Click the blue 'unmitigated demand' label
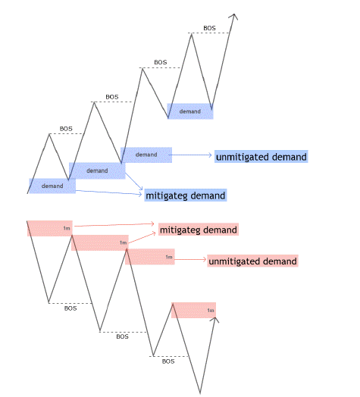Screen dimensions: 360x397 tap(261, 157)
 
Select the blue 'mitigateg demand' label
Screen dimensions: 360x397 tap(186, 195)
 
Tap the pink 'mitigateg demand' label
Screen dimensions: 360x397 tap(199, 230)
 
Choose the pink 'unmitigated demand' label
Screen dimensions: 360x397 tap(252, 261)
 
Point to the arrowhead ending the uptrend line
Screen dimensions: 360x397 tap(233, 16)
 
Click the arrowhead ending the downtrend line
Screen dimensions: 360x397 tap(215, 319)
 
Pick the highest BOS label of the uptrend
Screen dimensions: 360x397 tap(209, 28)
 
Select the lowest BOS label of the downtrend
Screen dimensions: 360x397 tap(168, 361)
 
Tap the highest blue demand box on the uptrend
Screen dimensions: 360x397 tap(190, 111)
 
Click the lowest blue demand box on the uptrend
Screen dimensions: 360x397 tap(52, 186)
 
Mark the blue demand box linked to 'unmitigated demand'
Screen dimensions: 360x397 tap(146, 155)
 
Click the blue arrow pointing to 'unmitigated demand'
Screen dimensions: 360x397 tap(190, 155)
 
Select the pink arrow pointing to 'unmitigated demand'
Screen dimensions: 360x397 tap(190, 260)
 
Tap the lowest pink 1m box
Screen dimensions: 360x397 tap(193, 310)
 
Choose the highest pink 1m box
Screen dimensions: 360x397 tap(50, 228)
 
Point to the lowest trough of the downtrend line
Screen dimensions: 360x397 tap(200, 392)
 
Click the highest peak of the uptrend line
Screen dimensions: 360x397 tap(192, 34)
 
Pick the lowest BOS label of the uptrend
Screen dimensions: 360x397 tap(66, 129)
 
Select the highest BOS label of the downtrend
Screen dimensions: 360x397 tap(70, 308)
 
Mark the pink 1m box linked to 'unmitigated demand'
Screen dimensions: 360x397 tap(150, 257)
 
